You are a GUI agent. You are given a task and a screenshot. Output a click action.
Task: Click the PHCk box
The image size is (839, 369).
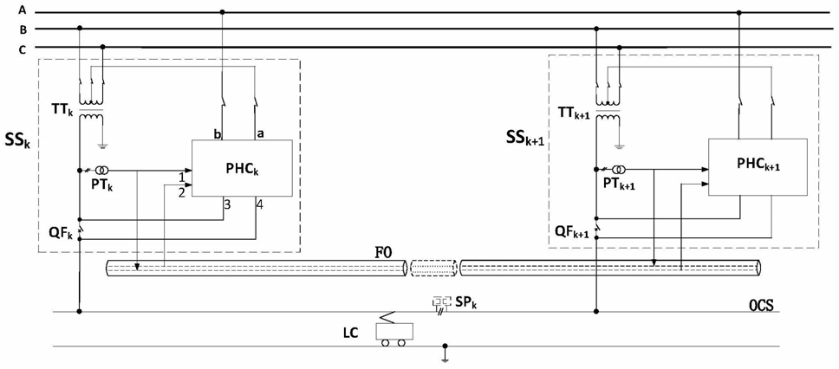pyautogui.click(x=242, y=168)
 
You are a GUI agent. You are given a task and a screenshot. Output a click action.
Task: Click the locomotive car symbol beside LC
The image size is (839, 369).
pyautogui.click(x=396, y=332)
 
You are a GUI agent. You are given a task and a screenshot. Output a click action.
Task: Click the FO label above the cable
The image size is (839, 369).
pyautogui.click(x=385, y=251)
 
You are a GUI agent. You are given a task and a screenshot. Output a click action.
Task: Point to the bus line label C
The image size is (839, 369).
pyautogui.click(x=22, y=49)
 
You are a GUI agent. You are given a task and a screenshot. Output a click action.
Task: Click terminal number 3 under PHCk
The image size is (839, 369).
pyautogui.click(x=228, y=204)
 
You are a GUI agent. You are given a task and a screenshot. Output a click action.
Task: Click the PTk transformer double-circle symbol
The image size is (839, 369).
pyautogui.click(x=101, y=170)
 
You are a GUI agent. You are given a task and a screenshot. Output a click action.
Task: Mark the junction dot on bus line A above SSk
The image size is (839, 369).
pyautogui.click(x=223, y=11)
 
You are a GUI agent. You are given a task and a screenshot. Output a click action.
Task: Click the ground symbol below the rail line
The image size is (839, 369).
pyautogui.click(x=444, y=356)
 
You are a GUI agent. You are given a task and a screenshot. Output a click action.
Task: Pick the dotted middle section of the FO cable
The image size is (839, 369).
pyautogui.click(x=433, y=266)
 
